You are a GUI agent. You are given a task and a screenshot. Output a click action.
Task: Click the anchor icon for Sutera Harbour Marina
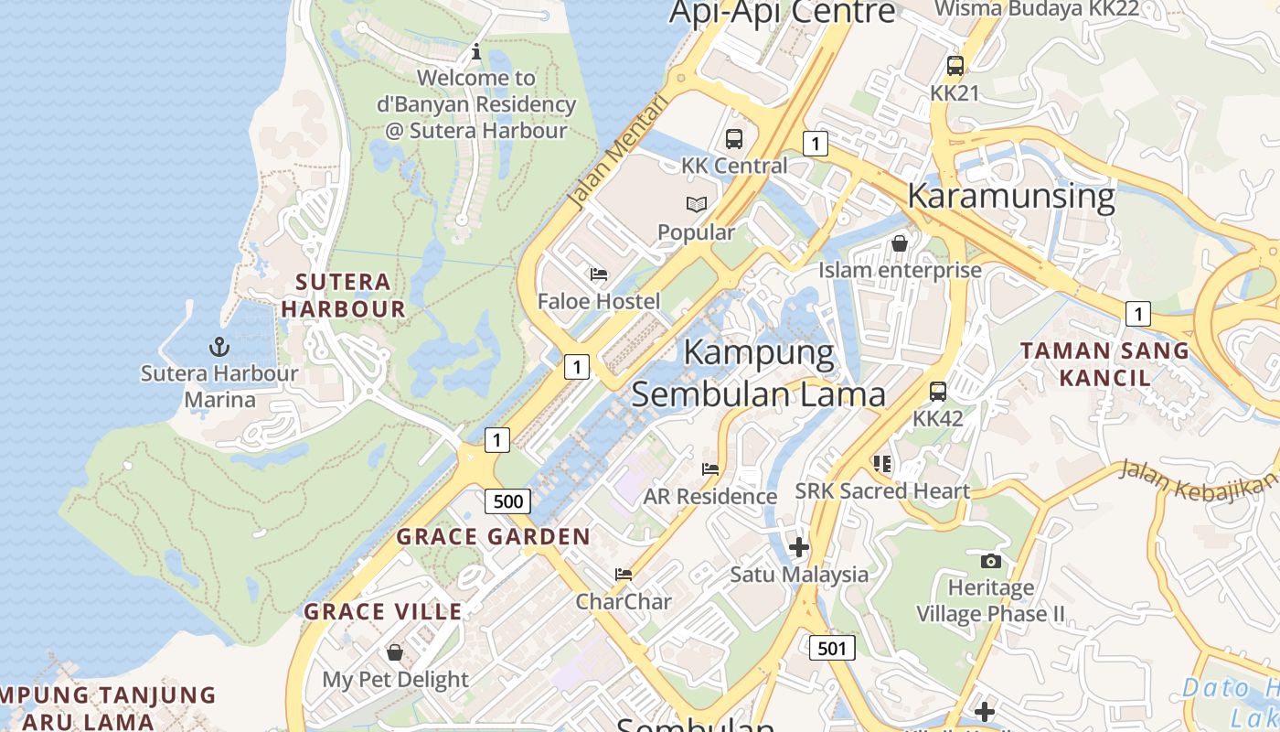click(x=219, y=347)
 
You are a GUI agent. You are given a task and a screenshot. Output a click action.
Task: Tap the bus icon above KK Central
click(x=733, y=139)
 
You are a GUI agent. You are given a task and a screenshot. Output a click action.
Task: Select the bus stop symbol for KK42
click(x=937, y=392)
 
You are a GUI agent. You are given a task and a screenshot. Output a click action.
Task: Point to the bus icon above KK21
click(x=955, y=66)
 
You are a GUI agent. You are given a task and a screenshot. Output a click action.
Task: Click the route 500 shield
click(x=507, y=501)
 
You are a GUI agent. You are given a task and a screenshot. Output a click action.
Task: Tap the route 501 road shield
click(x=832, y=648)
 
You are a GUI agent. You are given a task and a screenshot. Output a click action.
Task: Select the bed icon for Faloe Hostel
click(x=599, y=274)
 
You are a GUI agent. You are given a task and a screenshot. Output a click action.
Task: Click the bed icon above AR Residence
click(x=709, y=468)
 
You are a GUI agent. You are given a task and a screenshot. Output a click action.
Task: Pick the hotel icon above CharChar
click(x=624, y=575)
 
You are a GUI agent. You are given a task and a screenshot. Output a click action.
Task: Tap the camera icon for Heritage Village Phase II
click(x=990, y=561)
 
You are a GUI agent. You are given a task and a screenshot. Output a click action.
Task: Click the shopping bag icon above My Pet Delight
click(x=395, y=652)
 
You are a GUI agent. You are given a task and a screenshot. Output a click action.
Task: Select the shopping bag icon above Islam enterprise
click(x=900, y=243)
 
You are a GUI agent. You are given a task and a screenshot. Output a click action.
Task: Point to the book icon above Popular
click(x=697, y=204)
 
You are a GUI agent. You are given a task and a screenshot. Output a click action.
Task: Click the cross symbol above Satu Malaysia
click(x=798, y=547)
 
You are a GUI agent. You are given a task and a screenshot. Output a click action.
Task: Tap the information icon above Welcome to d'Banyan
click(x=475, y=51)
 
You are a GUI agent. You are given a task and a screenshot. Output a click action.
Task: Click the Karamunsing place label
click(x=1010, y=196)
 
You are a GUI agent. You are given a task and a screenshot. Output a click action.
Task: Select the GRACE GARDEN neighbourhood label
click(x=493, y=537)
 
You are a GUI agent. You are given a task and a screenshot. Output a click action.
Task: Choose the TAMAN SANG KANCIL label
click(x=1104, y=363)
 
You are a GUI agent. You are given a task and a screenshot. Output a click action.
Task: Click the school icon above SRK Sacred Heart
click(x=881, y=464)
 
